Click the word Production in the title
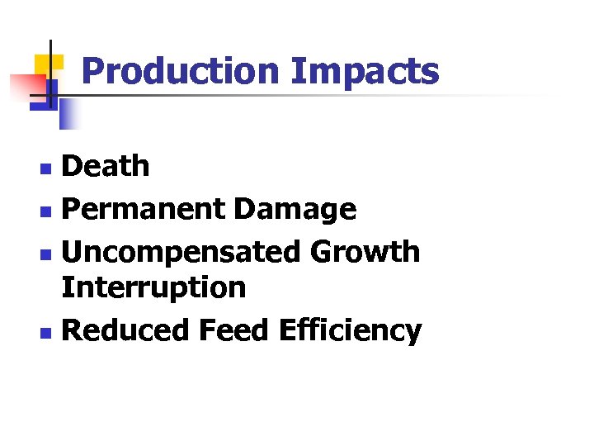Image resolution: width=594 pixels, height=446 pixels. coord(181,71)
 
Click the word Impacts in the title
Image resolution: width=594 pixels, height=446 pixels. coord(365,72)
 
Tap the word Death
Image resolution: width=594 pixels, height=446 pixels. coord(106,166)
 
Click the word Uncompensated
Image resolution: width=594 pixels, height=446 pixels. coord(181,251)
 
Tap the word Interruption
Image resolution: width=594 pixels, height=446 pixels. coord(154,287)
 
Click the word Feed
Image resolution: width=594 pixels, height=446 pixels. coord(234,330)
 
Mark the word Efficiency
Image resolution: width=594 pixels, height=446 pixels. coord(351,330)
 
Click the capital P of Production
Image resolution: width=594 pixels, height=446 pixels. coord(93,71)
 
